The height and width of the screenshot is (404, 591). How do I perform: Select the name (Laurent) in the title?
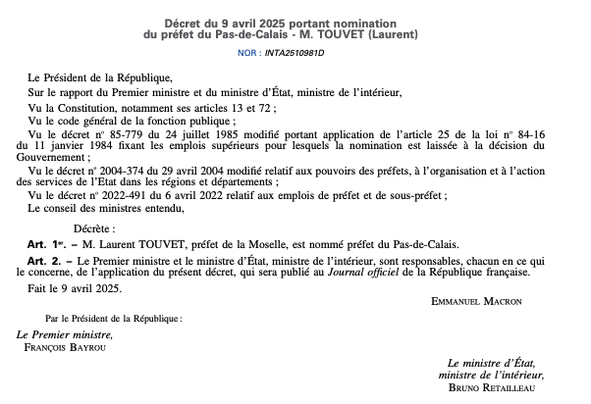tap(392, 35)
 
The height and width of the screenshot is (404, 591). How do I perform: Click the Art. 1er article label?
tap(46, 245)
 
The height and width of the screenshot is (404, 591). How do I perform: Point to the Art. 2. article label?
tap(45, 261)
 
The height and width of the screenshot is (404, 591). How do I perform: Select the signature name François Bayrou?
tap(64, 348)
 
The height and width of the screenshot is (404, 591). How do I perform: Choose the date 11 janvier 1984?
tap(64, 144)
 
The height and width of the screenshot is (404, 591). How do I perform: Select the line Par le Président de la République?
tap(113, 319)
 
